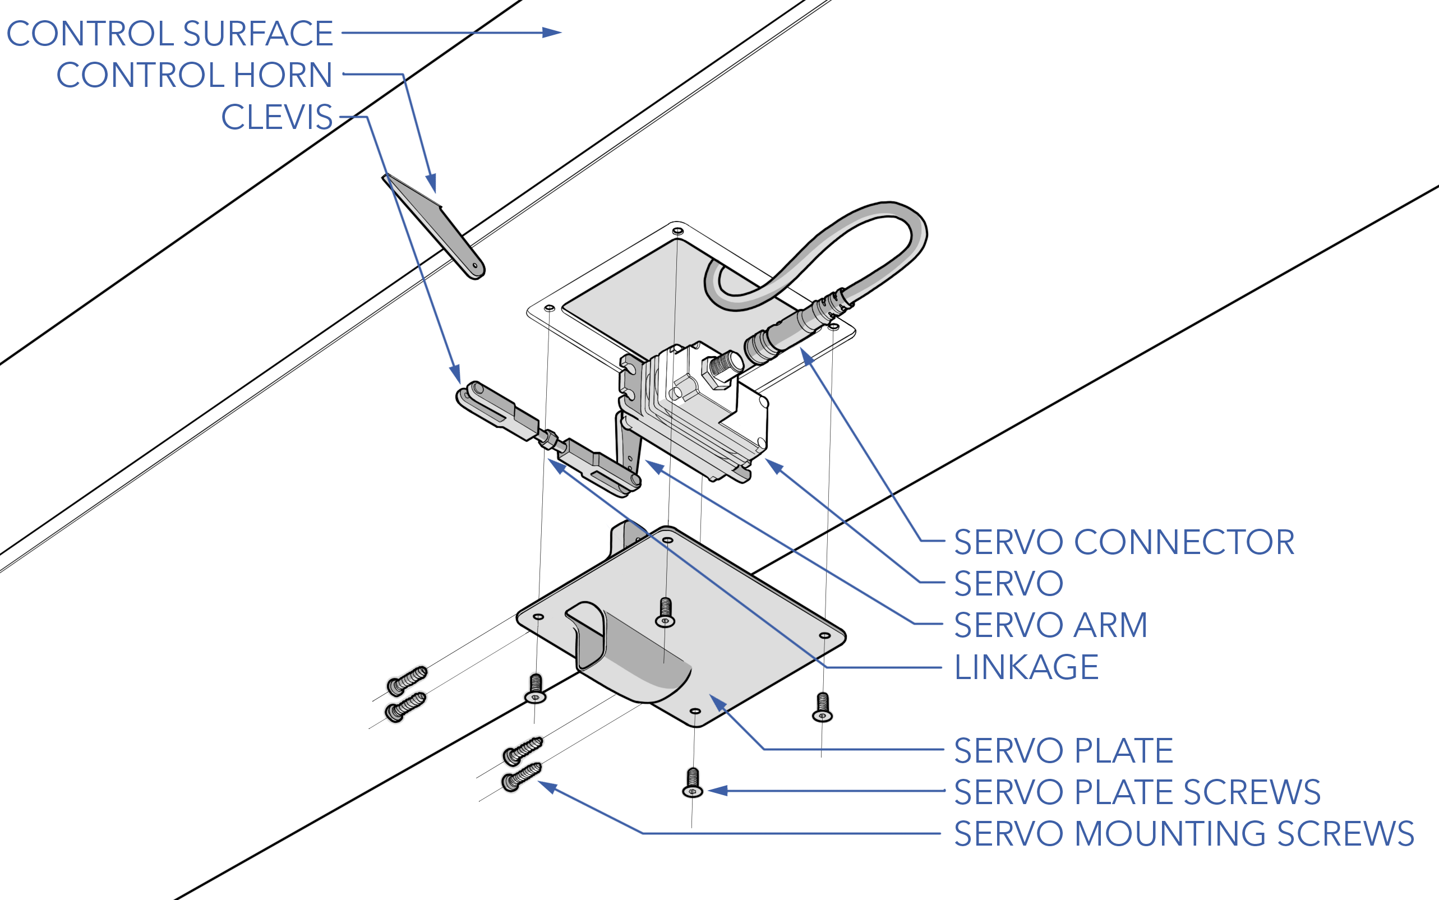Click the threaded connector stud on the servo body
click(723, 367)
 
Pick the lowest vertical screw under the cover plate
click(693, 783)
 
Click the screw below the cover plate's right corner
click(823, 707)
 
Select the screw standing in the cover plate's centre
click(665, 612)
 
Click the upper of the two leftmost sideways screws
click(407, 680)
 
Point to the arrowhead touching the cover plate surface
click(717, 703)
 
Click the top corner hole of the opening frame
click(677, 231)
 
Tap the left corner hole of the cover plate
click(538, 617)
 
